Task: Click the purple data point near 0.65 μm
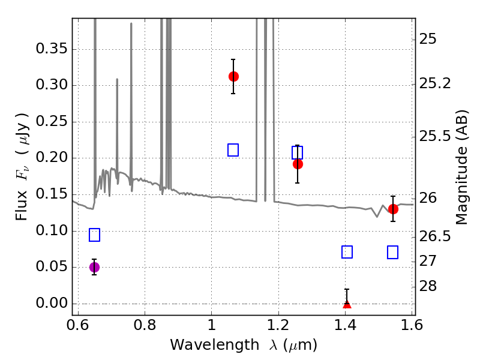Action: pyautogui.click(x=94, y=267)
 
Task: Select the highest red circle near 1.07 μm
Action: pyautogui.click(x=233, y=76)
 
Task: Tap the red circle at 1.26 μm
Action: pyautogui.click(x=298, y=164)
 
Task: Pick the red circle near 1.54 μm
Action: pyautogui.click(x=393, y=209)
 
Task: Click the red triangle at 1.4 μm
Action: pyautogui.click(x=347, y=304)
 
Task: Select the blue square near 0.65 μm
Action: pyautogui.click(x=94, y=235)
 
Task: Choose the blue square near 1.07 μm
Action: pyautogui.click(x=233, y=150)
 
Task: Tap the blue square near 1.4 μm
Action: pyautogui.click(x=347, y=252)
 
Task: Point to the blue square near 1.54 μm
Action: pyautogui.click(x=393, y=252)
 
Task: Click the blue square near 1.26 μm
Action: pyautogui.click(x=298, y=152)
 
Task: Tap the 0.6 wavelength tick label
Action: pyautogui.click(x=78, y=325)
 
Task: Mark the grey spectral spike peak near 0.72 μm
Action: pyautogui.click(x=117, y=80)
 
